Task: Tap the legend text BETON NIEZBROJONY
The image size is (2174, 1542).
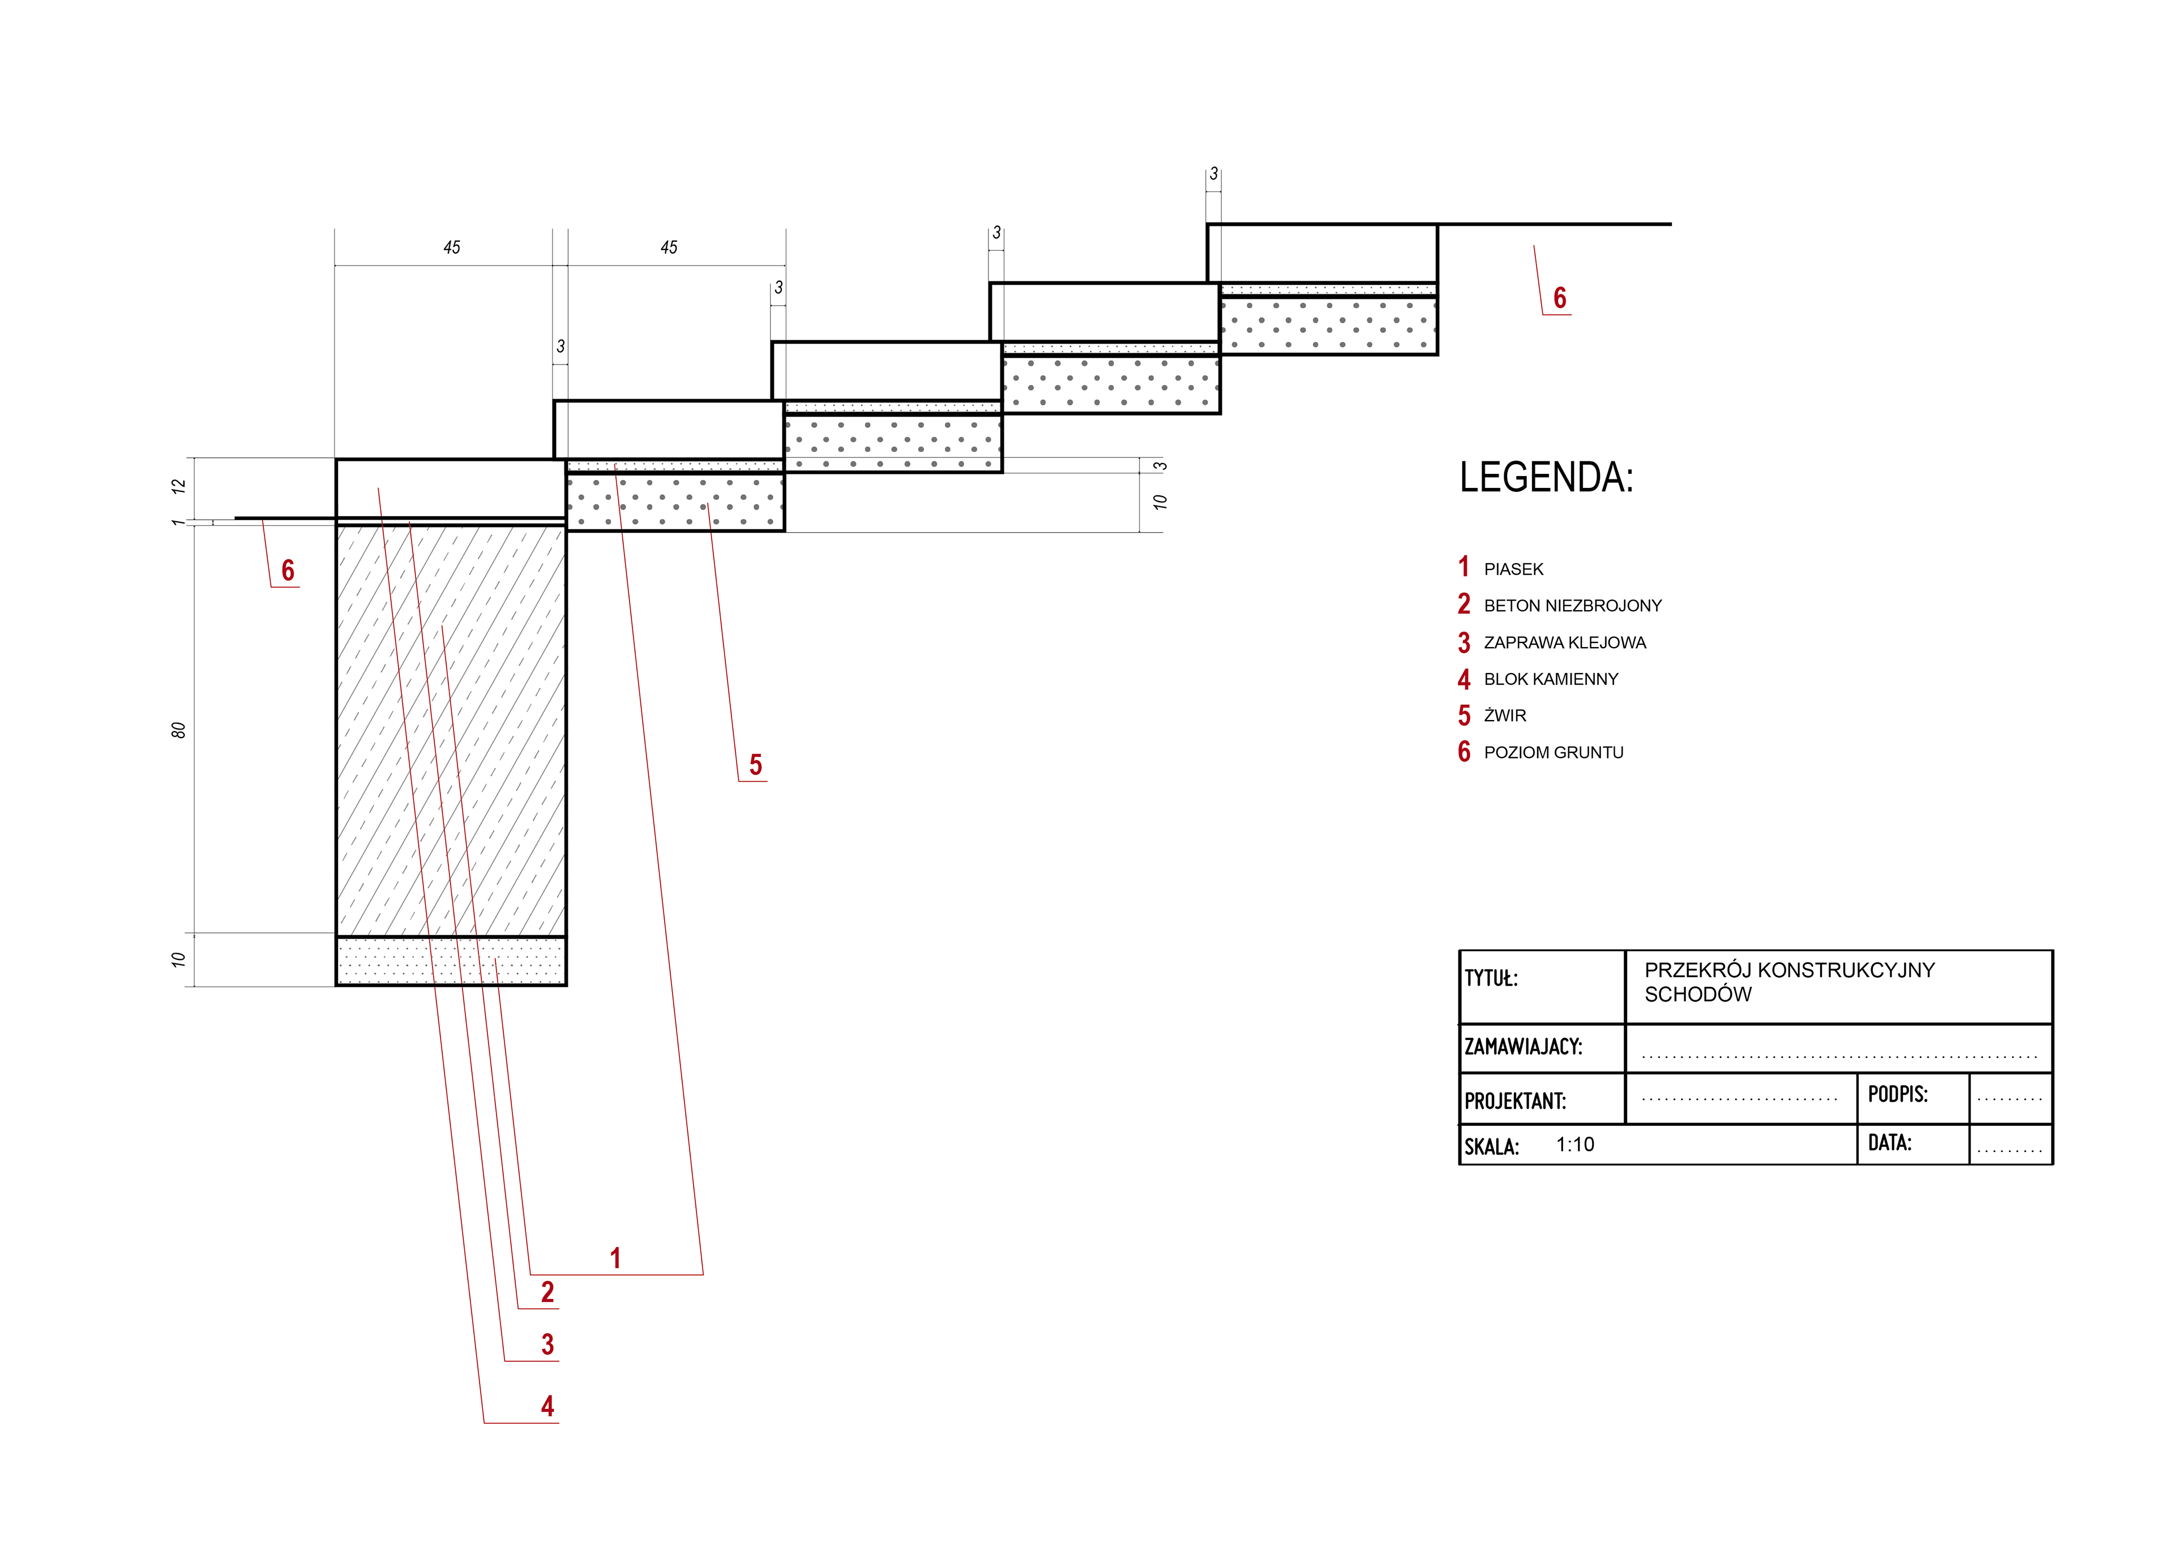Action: [x=1573, y=606]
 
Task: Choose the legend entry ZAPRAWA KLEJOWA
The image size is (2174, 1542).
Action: [x=1564, y=643]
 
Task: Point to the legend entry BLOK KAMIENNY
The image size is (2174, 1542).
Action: [x=1551, y=679]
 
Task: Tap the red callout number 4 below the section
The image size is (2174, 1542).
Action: [x=548, y=1406]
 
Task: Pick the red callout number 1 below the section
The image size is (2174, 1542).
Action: [x=615, y=1259]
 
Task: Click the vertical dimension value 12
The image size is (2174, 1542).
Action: [x=178, y=486]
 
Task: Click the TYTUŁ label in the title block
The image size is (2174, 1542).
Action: [x=1491, y=978]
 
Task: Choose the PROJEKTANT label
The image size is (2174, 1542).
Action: [x=1515, y=1102]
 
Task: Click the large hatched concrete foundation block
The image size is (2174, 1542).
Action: [x=451, y=730]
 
